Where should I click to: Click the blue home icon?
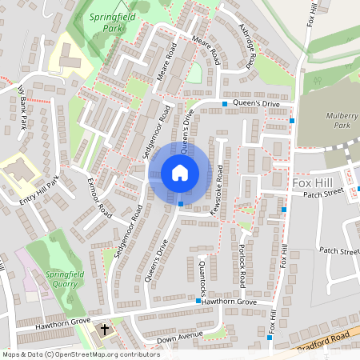tap(179, 172)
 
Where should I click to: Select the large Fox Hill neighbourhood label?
tap(312, 183)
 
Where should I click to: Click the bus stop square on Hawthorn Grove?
tap(198, 301)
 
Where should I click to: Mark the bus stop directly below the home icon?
tap(181, 205)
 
